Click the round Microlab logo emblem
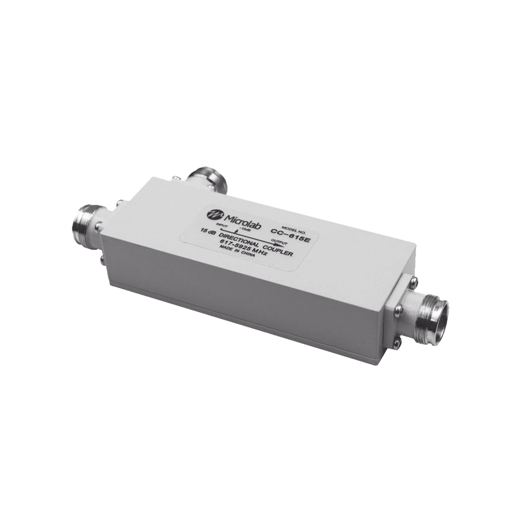point(212,214)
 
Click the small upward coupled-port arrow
point(236,232)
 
